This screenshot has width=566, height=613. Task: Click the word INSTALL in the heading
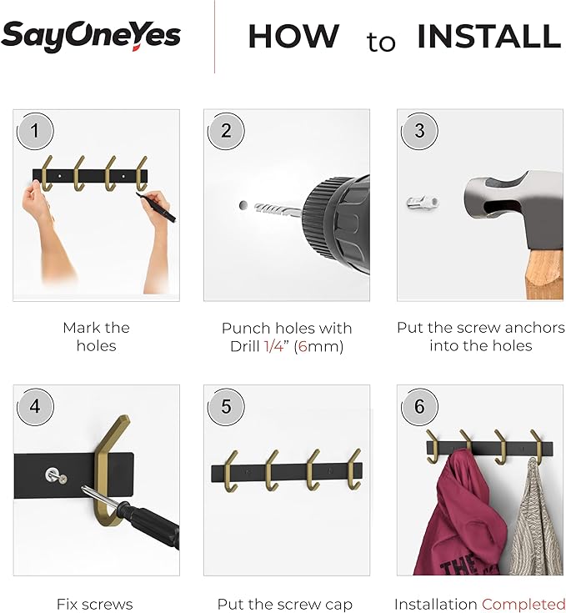488,37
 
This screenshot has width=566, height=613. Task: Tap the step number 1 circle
35,130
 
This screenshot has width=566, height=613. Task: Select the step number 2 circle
226,131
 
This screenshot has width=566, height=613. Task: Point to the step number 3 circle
418,131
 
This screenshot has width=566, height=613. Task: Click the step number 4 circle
35,406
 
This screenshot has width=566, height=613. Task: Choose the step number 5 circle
226,406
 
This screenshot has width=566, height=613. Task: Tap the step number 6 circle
418,406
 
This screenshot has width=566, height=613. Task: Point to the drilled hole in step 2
243,204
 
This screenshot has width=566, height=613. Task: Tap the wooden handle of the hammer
542,274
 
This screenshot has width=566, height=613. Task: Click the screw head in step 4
53,475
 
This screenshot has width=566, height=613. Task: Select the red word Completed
523,604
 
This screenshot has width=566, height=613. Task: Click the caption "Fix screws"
94,604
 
